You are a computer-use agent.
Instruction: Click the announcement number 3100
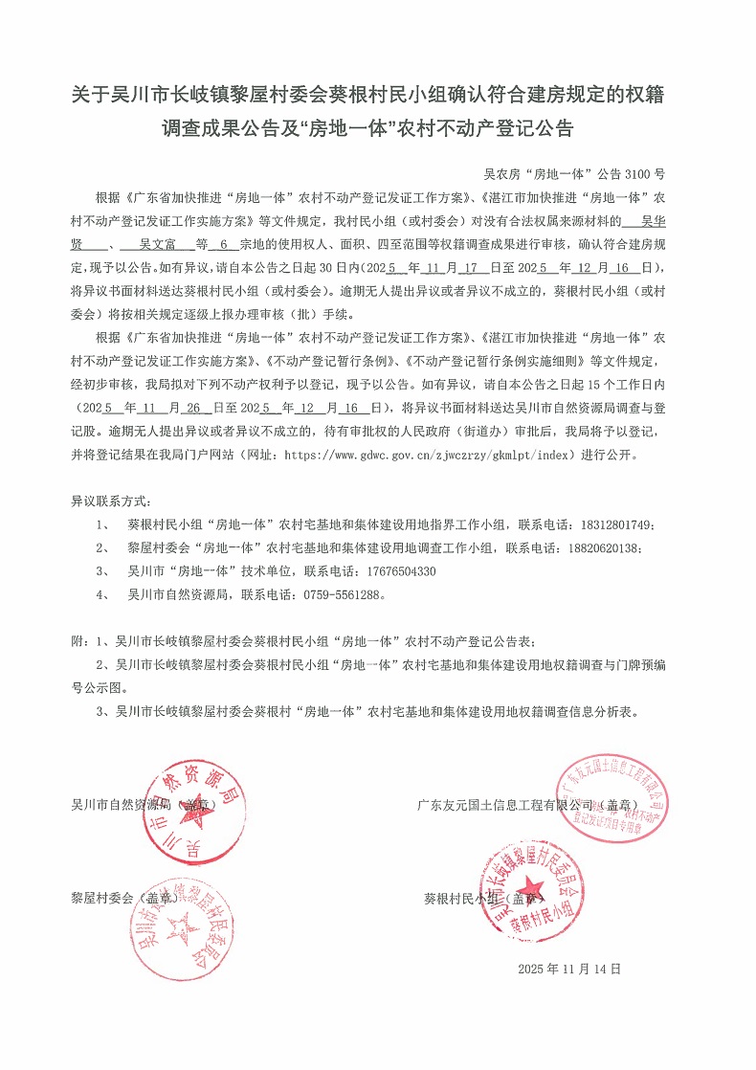point(636,174)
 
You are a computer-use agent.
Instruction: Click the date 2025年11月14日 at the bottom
point(569,969)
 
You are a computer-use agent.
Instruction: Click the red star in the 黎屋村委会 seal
point(179,925)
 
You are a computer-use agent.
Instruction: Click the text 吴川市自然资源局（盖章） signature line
point(145,804)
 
